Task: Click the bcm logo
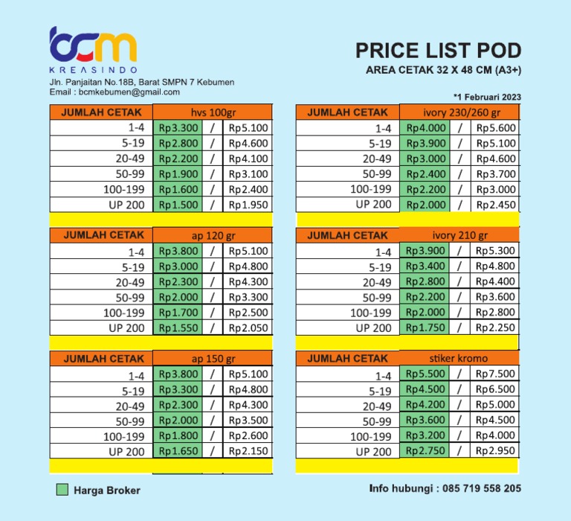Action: [x=92, y=46]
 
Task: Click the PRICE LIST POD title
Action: [x=438, y=51]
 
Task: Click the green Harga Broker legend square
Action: [x=62, y=490]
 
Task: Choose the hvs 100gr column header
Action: [x=213, y=112]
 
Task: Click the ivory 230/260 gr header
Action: [x=459, y=112]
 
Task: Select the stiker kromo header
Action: [x=459, y=359]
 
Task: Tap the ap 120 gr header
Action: [x=213, y=235]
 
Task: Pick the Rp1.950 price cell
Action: [x=248, y=205]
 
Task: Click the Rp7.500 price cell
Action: [x=495, y=374]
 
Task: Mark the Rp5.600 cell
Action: [x=496, y=128]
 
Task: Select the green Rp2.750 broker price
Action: [x=425, y=451]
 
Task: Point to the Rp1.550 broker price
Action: [x=178, y=327]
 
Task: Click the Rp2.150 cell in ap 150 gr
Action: [x=248, y=451]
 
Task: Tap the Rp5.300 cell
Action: [x=496, y=251]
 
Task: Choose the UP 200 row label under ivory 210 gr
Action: [x=373, y=327]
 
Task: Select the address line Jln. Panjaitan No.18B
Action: [x=141, y=82]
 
